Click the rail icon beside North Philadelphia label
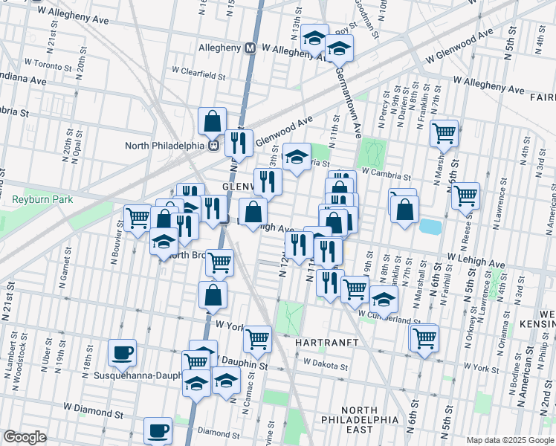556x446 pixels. pos(213,145)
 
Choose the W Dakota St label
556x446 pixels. pos(326,365)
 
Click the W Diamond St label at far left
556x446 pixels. pos(92,408)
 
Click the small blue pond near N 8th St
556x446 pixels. pos(429,226)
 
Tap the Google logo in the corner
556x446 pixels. pos(25,436)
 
